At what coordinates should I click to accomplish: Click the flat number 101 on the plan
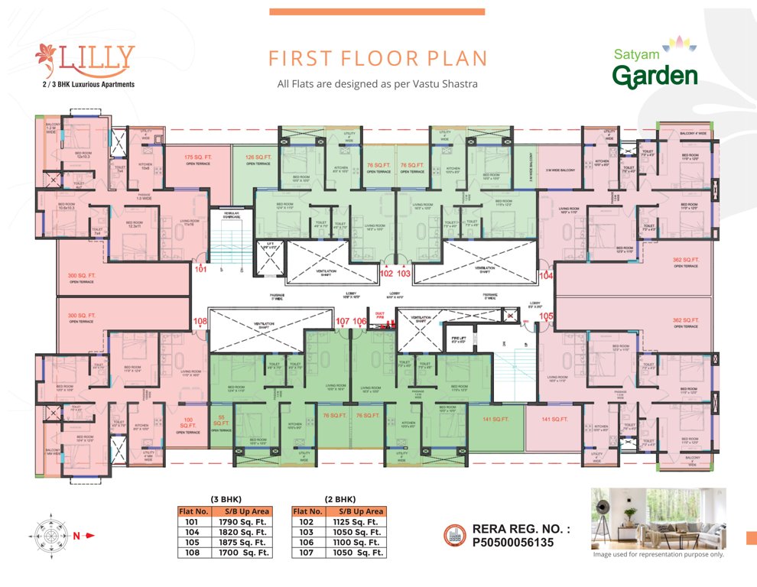[200, 269]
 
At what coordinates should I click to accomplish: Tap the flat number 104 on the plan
[546, 275]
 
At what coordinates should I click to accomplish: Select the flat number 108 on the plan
[200, 322]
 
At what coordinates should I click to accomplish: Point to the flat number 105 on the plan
[546, 316]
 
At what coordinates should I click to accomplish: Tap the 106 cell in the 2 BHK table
[308, 542]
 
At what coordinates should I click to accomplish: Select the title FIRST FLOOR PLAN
[378, 59]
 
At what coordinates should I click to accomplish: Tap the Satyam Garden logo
[655, 67]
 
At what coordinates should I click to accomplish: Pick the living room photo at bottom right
[658, 517]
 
